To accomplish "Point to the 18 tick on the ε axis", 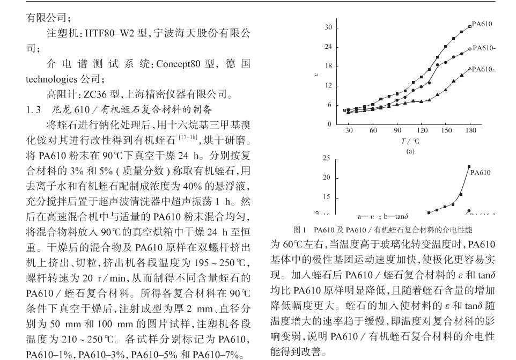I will [x=328, y=67].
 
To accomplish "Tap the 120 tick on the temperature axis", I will [x=422, y=130].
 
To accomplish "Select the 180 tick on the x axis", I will [x=470, y=130].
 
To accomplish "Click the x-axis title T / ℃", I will [x=410, y=141].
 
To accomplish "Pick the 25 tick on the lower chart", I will [x=327, y=159].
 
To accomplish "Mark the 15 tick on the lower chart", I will [x=327, y=198].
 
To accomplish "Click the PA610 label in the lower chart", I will [x=480, y=173].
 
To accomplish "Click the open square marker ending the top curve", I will [x=470, y=26].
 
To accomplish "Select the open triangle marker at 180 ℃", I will [x=470, y=69].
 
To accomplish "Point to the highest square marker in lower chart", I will [x=469, y=167].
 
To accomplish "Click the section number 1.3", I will [x=34, y=111].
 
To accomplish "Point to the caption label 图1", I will [x=300, y=230].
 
